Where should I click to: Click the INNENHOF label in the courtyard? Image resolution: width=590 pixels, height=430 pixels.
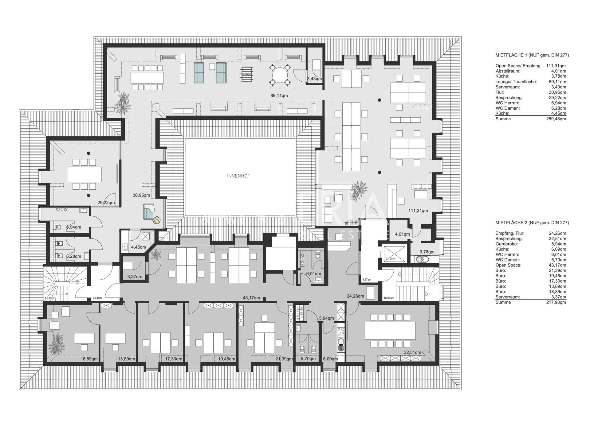pos(238,176)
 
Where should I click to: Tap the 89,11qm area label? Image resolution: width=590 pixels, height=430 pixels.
pos(279,95)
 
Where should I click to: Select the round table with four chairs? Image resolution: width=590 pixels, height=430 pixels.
pos(280,75)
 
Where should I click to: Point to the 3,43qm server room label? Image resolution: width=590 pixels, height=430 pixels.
pos(314,79)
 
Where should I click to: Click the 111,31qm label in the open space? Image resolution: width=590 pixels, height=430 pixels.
pos(418,211)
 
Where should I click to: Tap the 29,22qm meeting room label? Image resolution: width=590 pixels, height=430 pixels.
pos(106,203)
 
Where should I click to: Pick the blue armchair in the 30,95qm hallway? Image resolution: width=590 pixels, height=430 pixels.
pos(149,211)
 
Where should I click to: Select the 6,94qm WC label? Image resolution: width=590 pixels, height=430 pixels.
pos(74,227)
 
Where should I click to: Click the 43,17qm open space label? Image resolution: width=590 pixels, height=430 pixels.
pos(251,298)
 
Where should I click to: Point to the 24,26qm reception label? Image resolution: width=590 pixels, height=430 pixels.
pos(355,296)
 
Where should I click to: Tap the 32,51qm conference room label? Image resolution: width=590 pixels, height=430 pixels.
pos(412,352)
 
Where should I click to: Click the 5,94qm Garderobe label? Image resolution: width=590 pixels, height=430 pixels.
pos(326,318)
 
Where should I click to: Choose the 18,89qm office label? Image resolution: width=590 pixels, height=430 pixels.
pos(89,358)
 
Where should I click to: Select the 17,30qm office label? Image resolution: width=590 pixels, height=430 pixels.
pos(174,358)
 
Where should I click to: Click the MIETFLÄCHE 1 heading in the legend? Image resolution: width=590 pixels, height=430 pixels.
pos(532,55)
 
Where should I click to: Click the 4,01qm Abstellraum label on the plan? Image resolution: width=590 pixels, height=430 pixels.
pos(402,234)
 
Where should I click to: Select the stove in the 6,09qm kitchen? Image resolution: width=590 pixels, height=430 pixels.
pos(340,331)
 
